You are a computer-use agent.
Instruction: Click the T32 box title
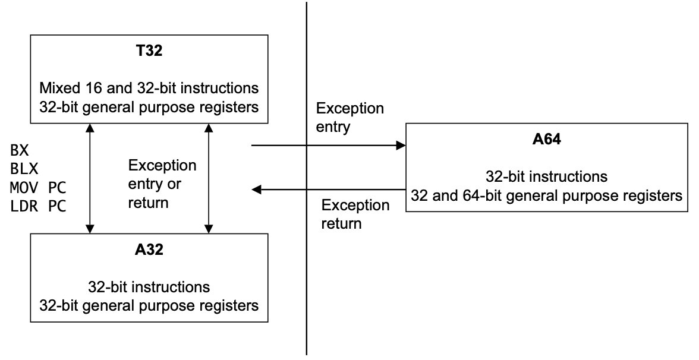tap(149, 50)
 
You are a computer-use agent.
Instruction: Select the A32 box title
tap(149, 250)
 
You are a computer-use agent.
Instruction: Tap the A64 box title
tap(547, 140)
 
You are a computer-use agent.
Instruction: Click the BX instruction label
tap(20, 150)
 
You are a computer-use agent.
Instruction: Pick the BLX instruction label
tap(24, 169)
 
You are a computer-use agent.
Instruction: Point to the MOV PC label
tap(38, 188)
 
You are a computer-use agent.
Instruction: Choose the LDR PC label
tap(38, 206)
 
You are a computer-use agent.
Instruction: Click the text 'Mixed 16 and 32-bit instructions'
tap(149, 88)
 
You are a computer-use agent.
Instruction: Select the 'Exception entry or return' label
tap(162, 184)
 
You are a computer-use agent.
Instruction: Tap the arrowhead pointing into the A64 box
tap(402, 145)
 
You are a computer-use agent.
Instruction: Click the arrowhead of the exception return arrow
tap(256, 190)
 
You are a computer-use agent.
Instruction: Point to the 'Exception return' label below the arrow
tap(355, 214)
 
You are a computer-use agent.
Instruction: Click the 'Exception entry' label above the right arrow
tap(350, 118)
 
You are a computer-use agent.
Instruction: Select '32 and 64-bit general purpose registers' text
tap(547, 195)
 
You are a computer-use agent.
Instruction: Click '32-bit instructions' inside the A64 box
tap(547, 176)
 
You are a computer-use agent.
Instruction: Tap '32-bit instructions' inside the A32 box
tap(149, 287)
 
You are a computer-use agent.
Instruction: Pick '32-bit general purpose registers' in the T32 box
tap(149, 108)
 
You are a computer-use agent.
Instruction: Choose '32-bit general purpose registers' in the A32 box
tap(149, 305)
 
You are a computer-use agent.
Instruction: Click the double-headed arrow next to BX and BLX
tap(90, 178)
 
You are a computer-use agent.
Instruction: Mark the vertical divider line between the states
tap(306, 178)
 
